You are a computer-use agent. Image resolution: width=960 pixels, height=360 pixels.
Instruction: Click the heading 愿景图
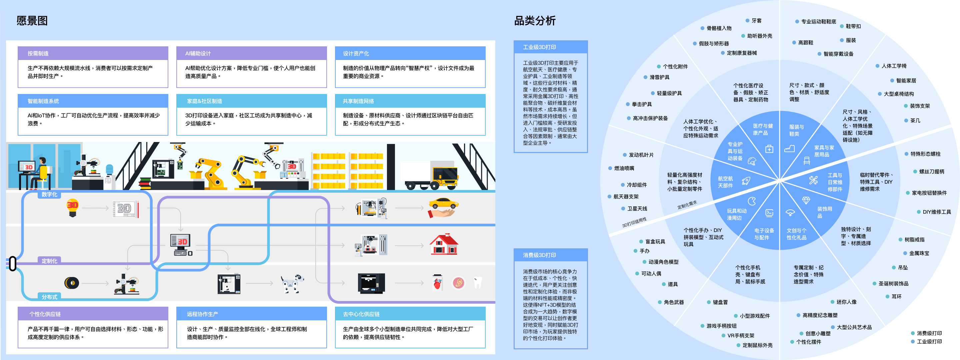pos(32,20)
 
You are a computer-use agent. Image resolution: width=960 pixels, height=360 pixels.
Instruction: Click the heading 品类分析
pos(534,20)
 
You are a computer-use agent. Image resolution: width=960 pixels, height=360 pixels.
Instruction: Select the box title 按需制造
pos(38,53)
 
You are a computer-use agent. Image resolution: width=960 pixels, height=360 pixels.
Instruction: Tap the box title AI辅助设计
pos(198,53)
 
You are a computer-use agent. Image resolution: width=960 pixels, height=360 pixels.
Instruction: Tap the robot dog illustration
pos(292,284)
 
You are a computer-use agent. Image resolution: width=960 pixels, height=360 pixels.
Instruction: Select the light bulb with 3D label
pos(73,208)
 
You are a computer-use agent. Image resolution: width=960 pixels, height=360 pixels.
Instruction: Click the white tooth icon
pos(477,282)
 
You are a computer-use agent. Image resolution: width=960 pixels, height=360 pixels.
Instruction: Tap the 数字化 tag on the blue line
pos(49,194)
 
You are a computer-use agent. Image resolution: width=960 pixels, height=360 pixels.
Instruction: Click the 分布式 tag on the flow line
pos(49,297)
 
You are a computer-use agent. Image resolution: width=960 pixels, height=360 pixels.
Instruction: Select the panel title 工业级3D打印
pos(539,47)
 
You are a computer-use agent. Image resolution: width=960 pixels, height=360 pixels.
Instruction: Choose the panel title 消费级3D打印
pos(539,255)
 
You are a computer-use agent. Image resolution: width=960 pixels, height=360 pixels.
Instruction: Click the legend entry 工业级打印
pos(929,341)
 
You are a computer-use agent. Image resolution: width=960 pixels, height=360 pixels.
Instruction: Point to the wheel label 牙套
pos(756,20)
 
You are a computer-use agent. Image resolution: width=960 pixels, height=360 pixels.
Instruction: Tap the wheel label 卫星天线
pos(637,209)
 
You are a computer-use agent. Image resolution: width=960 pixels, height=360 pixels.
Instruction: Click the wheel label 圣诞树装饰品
pos(893,284)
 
